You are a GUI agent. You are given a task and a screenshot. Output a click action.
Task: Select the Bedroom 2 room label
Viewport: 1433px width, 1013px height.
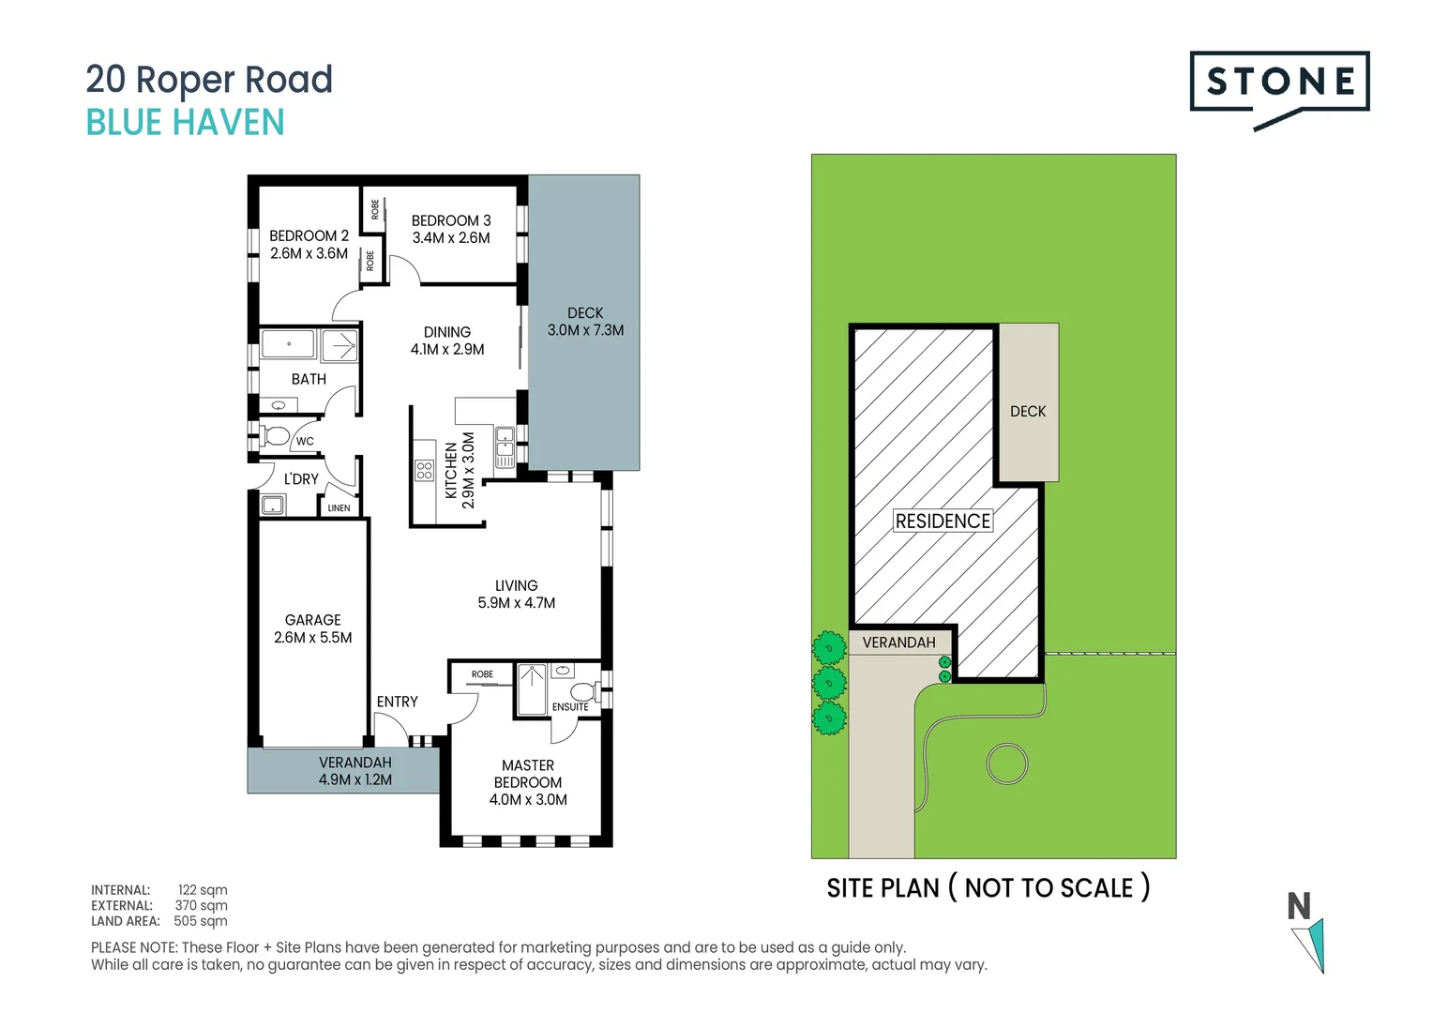click(x=309, y=235)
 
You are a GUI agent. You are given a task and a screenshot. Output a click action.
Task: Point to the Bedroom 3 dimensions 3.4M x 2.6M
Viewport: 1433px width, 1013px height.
click(x=451, y=238)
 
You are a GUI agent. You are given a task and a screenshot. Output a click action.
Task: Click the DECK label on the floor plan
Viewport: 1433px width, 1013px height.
click(x=585, y=313)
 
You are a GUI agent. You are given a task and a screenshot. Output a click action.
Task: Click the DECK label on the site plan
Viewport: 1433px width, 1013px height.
click(x=1028, y=412)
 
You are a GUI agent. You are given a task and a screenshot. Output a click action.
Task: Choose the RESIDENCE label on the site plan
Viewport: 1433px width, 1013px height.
click(x=943, y=522)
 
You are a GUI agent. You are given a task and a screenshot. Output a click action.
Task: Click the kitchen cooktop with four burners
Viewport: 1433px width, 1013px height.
click(x=424, y=470)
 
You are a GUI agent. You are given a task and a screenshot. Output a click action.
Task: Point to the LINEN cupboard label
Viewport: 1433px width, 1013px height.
click(x=339, y=508)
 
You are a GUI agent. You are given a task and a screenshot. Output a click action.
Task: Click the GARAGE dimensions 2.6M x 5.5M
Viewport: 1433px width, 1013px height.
click(x=313, y=638)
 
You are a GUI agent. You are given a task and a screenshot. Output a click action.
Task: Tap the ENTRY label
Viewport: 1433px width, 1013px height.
click(x=398, y=702)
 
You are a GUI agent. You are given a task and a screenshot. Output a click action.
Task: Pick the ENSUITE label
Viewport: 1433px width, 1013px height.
click(x=570, y=707)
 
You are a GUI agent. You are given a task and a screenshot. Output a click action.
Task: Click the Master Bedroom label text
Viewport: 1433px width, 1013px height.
click(x=528, y=774)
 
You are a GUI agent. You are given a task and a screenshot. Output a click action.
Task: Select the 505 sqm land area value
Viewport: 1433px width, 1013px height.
click(x=201, y=921)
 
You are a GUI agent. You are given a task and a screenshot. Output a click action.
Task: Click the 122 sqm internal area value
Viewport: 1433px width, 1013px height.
click(x=203, y=890)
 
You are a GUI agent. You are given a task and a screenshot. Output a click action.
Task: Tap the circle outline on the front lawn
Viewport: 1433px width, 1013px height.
click(x=1007, y=764)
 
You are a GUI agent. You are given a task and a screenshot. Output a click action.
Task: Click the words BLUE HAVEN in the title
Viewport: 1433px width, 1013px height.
click(x=186, y=123)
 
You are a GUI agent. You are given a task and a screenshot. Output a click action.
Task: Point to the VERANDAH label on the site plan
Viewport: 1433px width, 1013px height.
click(x=898, y=643)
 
